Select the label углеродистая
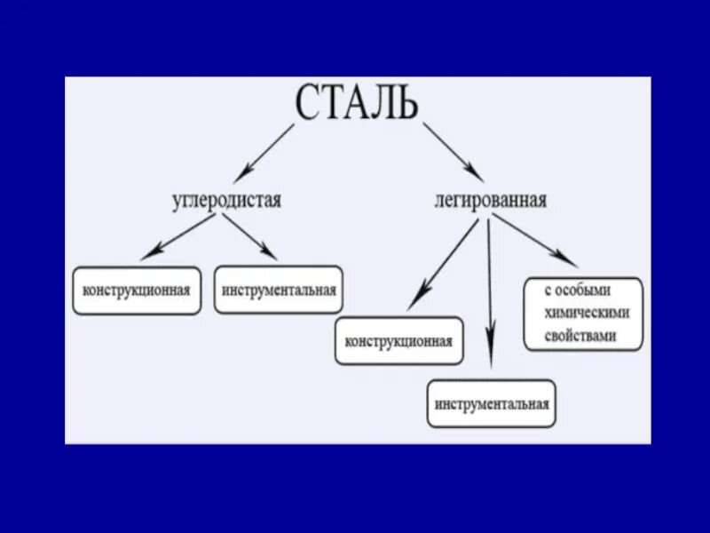(226, 199)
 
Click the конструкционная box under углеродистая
(137, 290)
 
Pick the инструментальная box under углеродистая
(279, 290)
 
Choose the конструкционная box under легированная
(398, 341)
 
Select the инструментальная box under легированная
(492, 404)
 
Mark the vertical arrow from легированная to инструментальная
(489, 293)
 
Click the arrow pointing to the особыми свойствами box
(536, 243)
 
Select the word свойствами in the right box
(582, 337)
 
